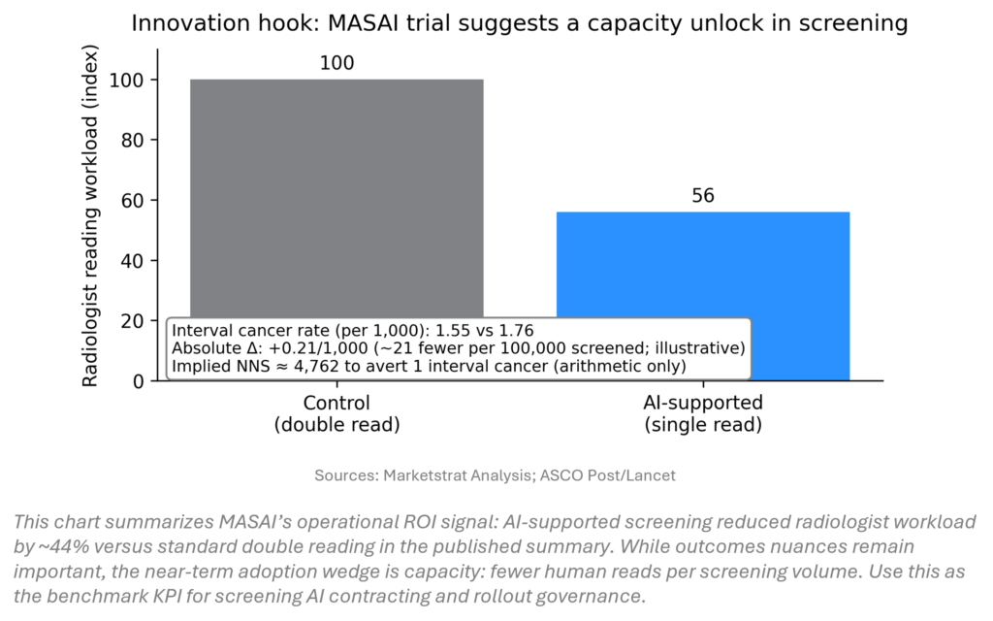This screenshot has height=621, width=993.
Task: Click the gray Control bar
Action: click(x=336, y=194)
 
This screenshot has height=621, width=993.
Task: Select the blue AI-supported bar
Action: click(x=703, y=281)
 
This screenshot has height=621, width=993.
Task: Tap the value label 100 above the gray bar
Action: click(x=336, y=64)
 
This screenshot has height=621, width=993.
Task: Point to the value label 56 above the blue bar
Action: click(x=703, y=196)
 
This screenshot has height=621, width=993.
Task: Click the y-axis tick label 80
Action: click(x=133, y=140)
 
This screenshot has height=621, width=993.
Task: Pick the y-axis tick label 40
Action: click(x=133, y=260)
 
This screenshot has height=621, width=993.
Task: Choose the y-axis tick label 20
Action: click(x=133, y=320)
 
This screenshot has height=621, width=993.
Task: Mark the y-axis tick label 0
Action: click(x=138, y=380)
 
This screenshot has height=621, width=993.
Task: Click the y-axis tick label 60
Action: click(x=133, y=200)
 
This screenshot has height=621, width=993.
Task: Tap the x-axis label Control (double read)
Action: click(x=336, y=412)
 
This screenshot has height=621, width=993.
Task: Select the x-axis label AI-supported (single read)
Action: click(x=703, y=412)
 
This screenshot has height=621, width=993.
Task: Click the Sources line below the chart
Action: click(x=496, y=475)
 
